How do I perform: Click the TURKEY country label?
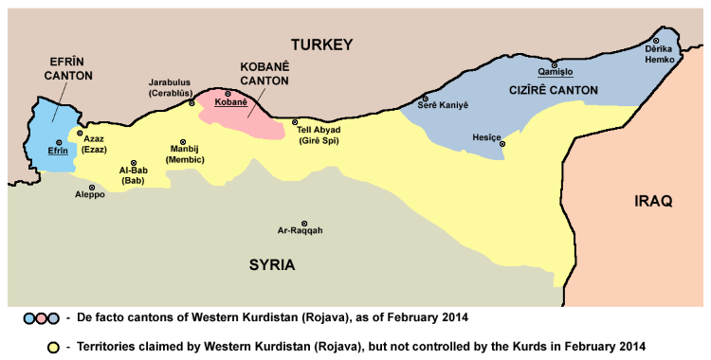coord(321,45)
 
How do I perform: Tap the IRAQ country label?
coord(653,201)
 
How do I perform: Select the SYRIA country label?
coord(272,264)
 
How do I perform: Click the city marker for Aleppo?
coord(92,187)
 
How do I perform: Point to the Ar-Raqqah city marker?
coord(304,223)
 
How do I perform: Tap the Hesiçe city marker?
coord(502,144)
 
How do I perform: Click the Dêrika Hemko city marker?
coord(655,40)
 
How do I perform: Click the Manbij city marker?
coord(183,142)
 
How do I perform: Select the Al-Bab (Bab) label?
coord(133,175)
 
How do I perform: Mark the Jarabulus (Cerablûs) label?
coord(171,88)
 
